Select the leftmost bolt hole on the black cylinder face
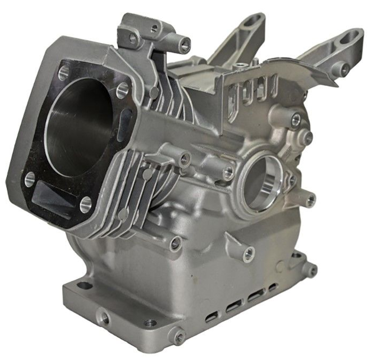coord(29,179)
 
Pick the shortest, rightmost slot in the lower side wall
coord(273,288)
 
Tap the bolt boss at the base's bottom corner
coord(179,337)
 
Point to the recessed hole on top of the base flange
coord(151,322)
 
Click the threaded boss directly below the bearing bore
coord(249,253)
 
